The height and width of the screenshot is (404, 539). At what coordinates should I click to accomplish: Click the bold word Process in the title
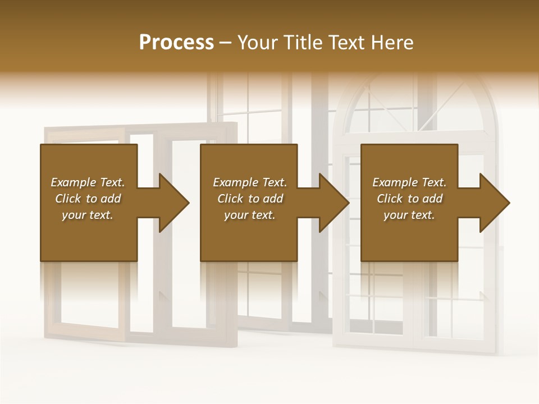pyautogui.click(x=176, y=43)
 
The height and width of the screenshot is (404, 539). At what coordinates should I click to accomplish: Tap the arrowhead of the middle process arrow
pyautogui.click(x=334, y=203)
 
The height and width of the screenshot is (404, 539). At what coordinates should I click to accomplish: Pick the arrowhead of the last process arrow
pyautogui.click(x=494, y=203)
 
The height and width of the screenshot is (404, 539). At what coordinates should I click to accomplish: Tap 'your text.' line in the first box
pyautogui.click(x=88, y=215)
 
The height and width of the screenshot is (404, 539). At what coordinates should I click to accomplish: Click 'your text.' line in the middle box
pyautogui.click(x=250, y=215)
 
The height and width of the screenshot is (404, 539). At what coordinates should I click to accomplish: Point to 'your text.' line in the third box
pyautogui.click(x=409, y=215)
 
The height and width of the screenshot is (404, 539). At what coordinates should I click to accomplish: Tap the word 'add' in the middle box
pyautogui.click(x=273, y=199)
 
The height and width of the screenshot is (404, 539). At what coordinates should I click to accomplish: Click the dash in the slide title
pyautogui.click(x=226, y=43)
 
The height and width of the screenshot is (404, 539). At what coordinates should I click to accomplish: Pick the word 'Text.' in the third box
pyautogui.click(x=433, y=182)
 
